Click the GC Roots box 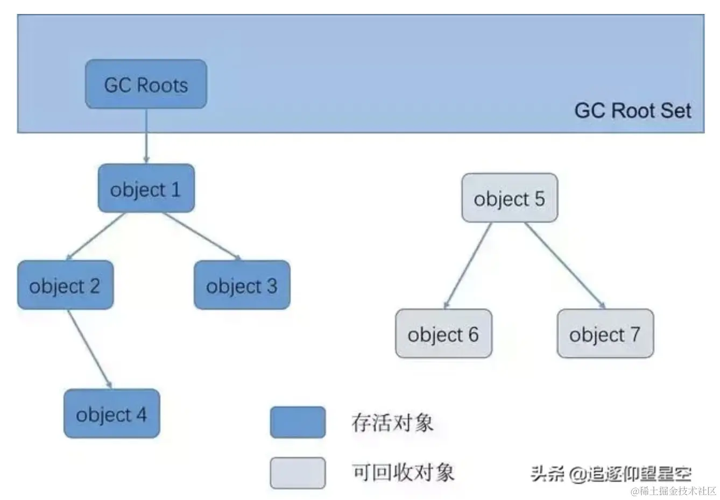pos(146,84)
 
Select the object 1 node pos(146,189)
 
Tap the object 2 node pos(65,285)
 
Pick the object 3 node pos(242,285)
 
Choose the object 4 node pos(111,414)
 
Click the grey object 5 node pos(510,198)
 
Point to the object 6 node pos(443,334)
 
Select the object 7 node pos(605,334)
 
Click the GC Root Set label pos(632,111)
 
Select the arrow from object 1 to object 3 pos(202,235)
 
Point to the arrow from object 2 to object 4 pos(90,348)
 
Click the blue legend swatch pos(298,422)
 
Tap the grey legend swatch pos(298,473)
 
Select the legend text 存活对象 pos(392,423)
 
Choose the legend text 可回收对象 pos(403,473)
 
